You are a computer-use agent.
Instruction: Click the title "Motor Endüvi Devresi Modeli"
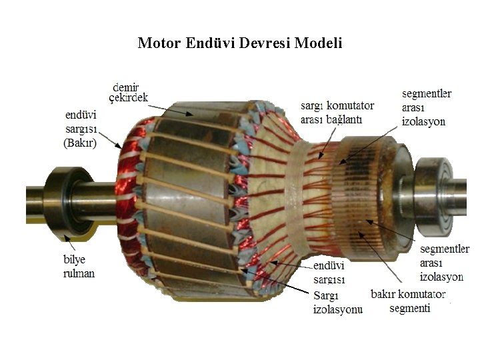click(x=239, y=43)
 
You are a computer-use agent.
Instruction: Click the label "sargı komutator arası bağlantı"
click(x=337, y=112)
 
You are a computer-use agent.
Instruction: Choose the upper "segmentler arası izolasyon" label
click(x=426, y=107)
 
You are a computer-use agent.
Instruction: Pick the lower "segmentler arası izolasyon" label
click(x=444, y=263)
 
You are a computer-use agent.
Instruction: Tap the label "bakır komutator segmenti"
click(x=408, y=301)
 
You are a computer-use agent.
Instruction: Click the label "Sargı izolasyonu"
click(x=337, y=302)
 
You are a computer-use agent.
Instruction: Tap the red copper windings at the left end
click(x=127, y=193)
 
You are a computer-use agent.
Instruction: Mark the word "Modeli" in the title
click(x=318, y=43)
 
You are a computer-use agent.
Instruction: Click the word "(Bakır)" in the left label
click(x=80, y=143)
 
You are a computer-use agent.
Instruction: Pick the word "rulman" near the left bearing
click(x=79, y=273)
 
